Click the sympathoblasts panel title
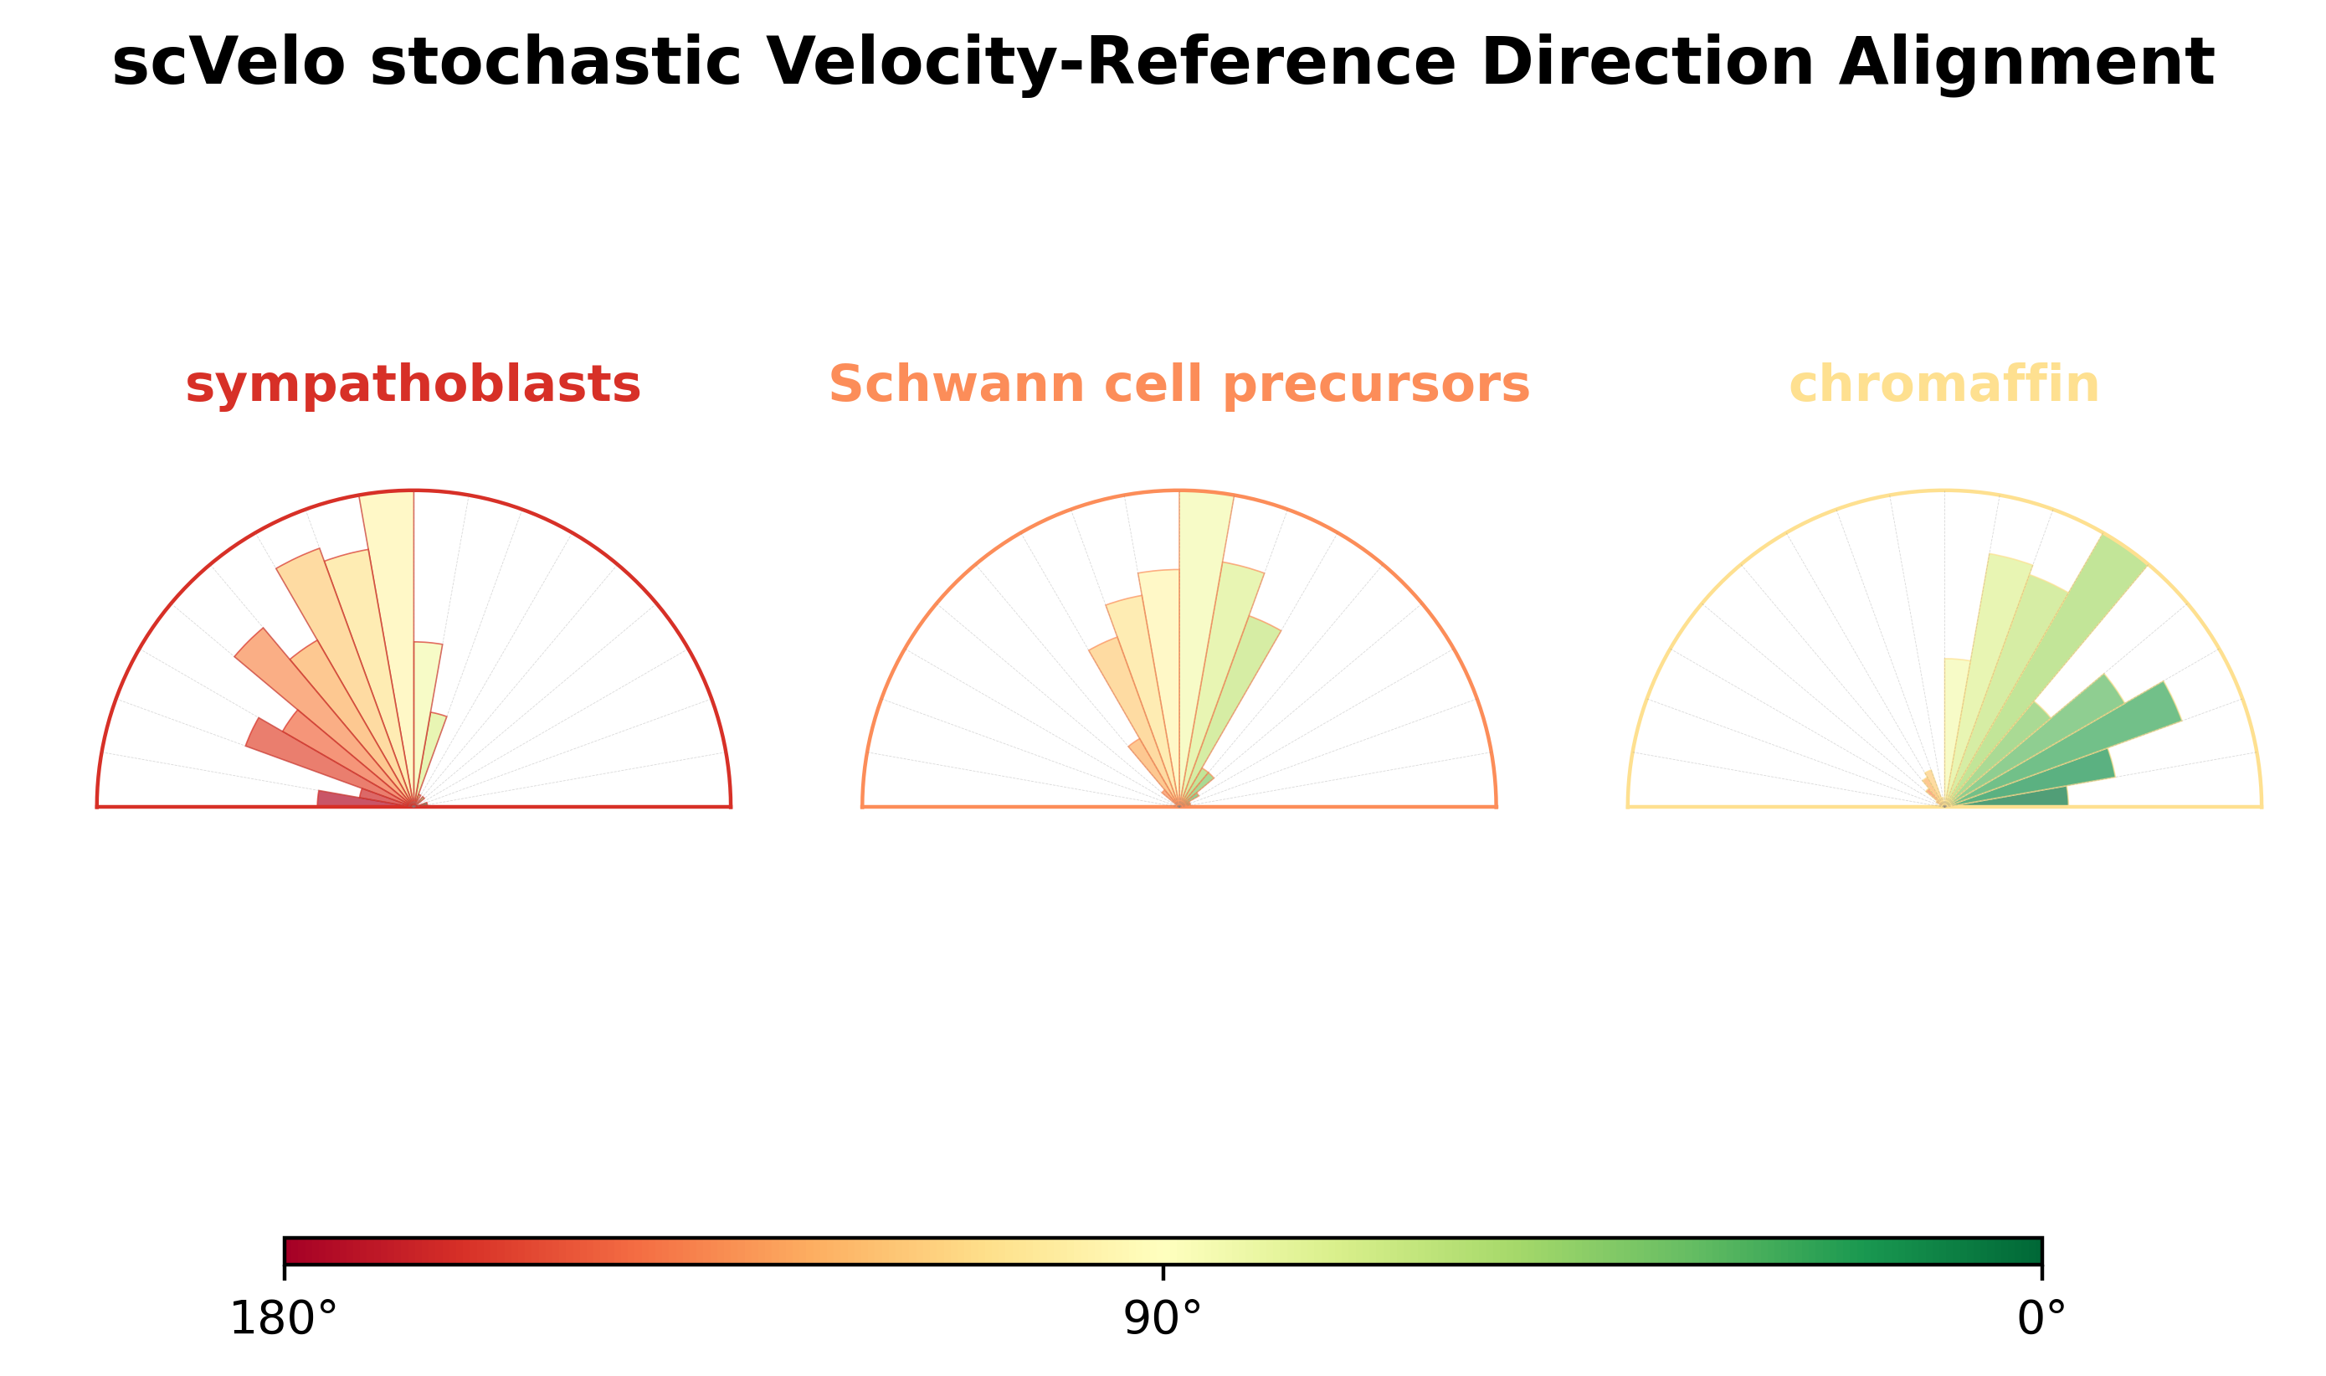tap(413, 385)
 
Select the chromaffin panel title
tap(1943, 385)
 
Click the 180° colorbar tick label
tap(283, 1319)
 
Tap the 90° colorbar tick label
tap(1162, 1319)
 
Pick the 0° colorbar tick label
tap(2041, 1319)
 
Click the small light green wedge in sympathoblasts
tap(431, 742)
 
